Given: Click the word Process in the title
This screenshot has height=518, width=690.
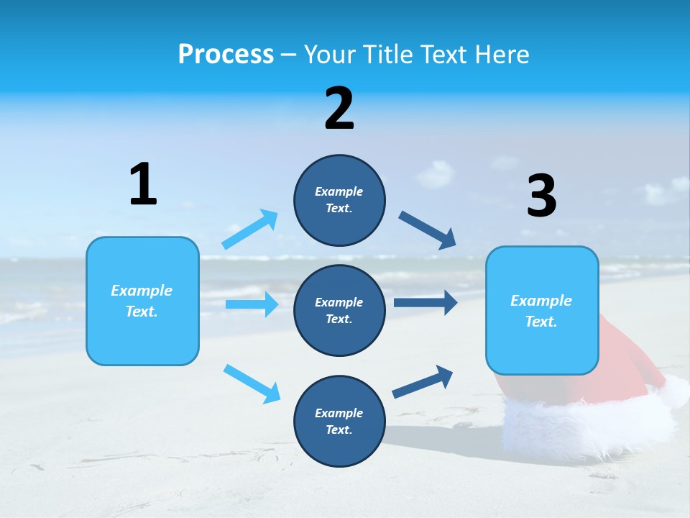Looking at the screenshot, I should [x=226, y=55].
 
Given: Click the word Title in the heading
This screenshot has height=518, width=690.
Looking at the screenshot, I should [x=387, y=55].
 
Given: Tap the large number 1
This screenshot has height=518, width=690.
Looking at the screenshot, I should [x=143, y=185].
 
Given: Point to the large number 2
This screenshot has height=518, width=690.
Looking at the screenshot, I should [x=339, y=109].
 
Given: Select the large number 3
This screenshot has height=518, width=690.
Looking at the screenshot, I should [x=541, y=196].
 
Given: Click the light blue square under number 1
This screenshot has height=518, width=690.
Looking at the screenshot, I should [x=142, y=301].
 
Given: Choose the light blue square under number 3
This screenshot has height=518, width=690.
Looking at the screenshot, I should [x=542, y=310].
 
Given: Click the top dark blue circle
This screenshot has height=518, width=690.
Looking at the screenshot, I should [x=339, y=200].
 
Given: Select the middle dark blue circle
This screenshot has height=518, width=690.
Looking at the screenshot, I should [x=339, y=310].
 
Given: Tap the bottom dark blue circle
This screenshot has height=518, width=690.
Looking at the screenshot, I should [x=339, y=421].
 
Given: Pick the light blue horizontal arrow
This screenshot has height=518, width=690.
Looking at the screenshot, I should [x=252, y=304].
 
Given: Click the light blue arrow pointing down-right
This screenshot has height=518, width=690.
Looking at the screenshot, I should [x=252, y=383].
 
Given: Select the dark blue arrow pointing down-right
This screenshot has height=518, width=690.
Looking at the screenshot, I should [x=428, y=230].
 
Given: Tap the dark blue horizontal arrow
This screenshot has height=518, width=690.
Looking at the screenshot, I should [x=425, y=302].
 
